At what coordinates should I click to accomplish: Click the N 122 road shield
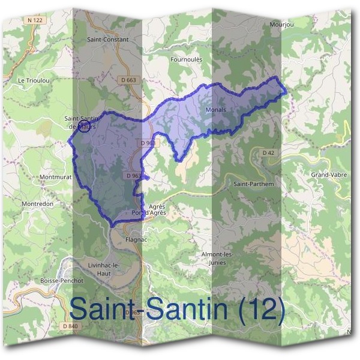pyautogui.click(x=35, y=20)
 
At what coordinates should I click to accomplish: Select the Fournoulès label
pyautogui.click(x=187, y=59)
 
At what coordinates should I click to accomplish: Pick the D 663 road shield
pyautogui.click(x=128, y=80)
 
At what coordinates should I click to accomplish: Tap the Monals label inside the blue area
pyautogui.click(x=215, y=110)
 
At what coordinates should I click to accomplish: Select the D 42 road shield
pyautogui.click(x=268, y=153)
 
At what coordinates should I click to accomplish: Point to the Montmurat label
pyautogui.click(x=55, y=178)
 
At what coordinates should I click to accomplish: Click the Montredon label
pyautogui.click(x=38, y=204)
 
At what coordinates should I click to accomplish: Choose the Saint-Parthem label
pyautogui.click(x=254, y=184)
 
